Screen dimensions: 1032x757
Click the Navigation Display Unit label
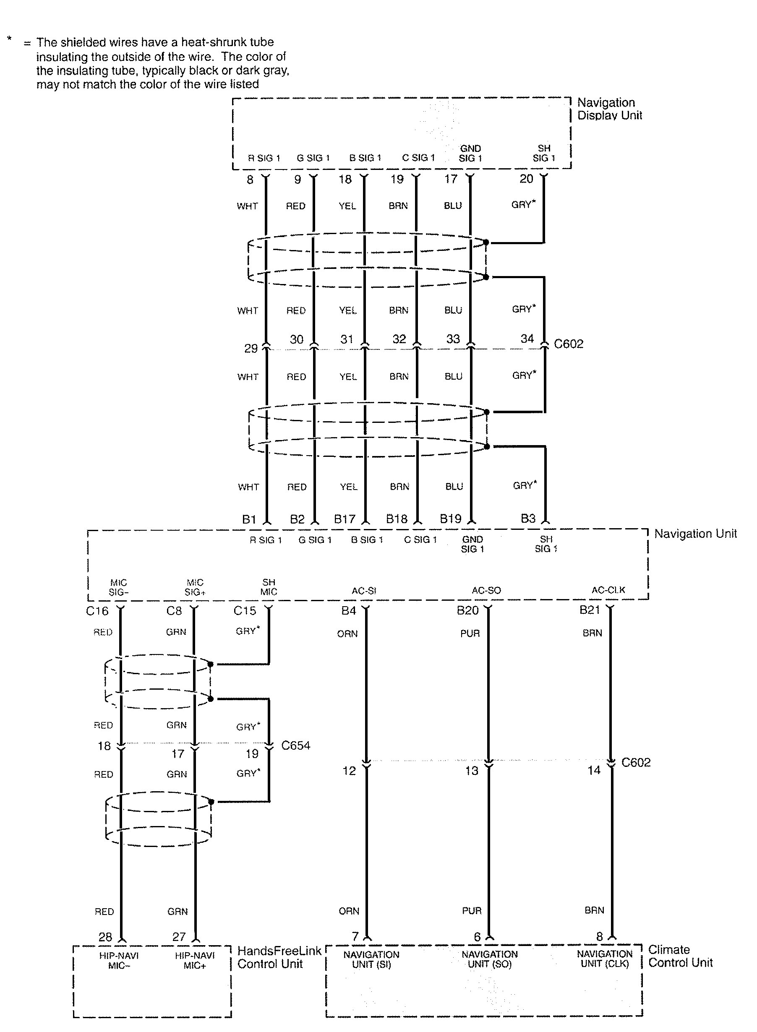(x=609, y=109)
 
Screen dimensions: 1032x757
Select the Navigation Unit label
(x=695, y=534)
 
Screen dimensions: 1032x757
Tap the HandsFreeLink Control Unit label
(x=279, y=957)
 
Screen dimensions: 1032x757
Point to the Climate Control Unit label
(x=681, y=956)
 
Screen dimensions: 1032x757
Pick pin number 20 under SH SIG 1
(x=526, y=179)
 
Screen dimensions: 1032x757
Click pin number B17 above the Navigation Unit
(x=345, y=519)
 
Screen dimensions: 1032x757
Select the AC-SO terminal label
(x=486, y=590)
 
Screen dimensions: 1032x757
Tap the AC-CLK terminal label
(x=608, y=590)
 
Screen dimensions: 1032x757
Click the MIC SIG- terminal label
(x=118, y=587)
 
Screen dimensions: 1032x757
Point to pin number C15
(x=245, y=610)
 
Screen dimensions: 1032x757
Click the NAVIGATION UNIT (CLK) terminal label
(x=604, y=958)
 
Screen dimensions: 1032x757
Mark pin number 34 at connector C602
(x=527, y=339)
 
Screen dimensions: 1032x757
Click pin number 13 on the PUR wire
(x=472, y=771)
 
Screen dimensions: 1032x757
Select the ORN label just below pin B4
(x=347, y=633)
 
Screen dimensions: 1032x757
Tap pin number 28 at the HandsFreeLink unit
(x=105, y=937)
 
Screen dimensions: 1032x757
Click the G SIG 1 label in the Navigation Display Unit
(x=313, y=158)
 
